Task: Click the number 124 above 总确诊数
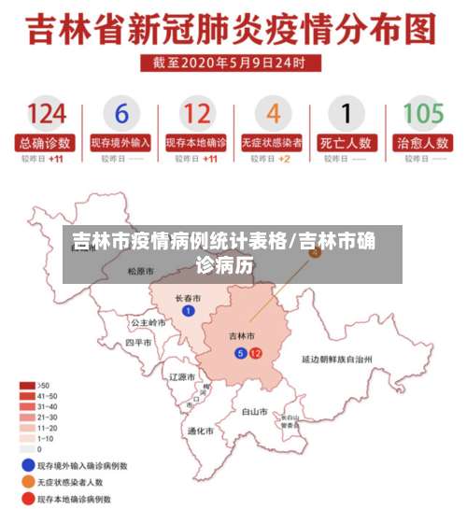pyautogui.click(x=46, y=114)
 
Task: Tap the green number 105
pyautogui.click(x=422, y=114)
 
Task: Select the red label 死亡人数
pyautogui.click(x=347, y=143)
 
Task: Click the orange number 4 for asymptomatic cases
pyautogui.click(x=273, y=114)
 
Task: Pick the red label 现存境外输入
pyautogui.click(x=120, y=143)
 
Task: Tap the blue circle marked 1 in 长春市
pyautogui.click(x=189, y=311)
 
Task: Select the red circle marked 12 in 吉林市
pyautogui.click(x=255, y=353)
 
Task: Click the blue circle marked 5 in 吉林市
pyautogui.click(x=240, y=353)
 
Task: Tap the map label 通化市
pyautogui.click(x=201, y=431)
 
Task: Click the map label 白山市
pyautogui.click(x=255, y=411)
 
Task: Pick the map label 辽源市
pyautogui.click(x=181, y=377)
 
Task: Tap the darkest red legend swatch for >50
pyautogui.click(x=28, y=385)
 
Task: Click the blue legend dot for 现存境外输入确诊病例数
pyautogui.click(x=28, y=464)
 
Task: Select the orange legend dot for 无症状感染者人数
pyautogui.click(x=28, y=482)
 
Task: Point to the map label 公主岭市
pyautogui.click(x=147, y=322)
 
